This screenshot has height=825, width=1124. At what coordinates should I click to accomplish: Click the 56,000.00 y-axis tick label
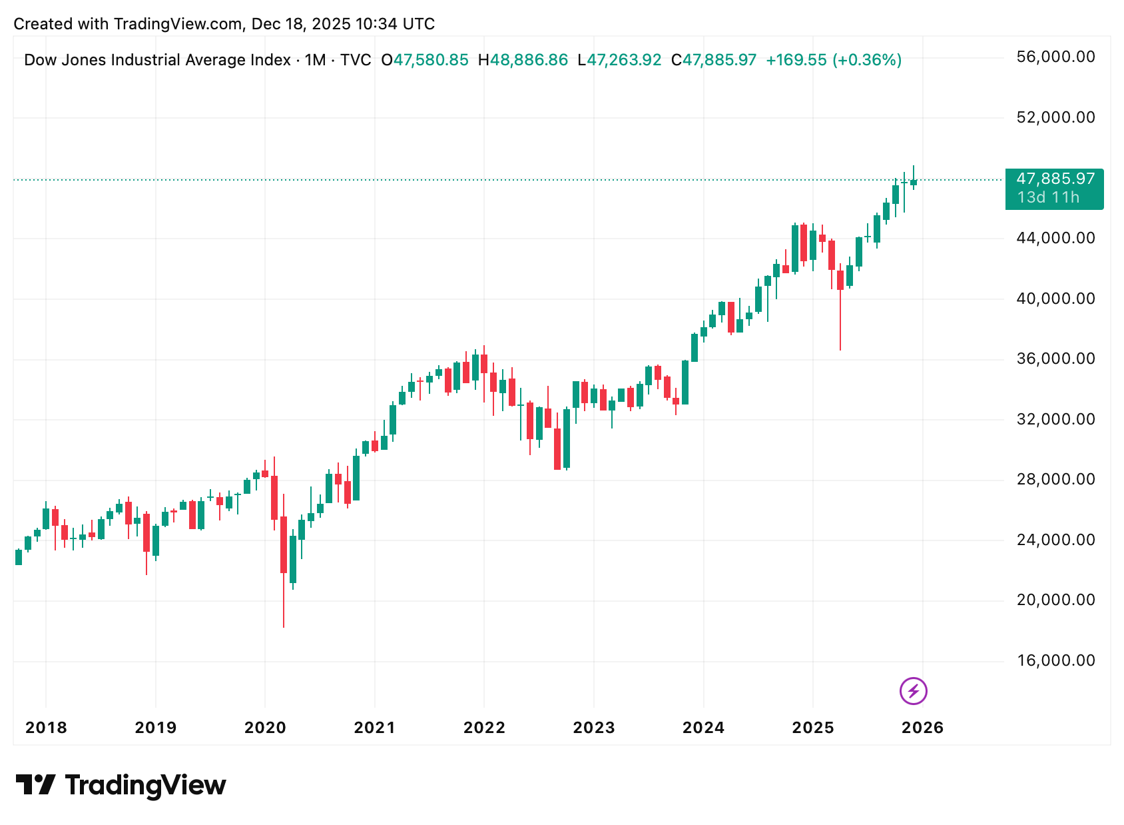(1055, 57)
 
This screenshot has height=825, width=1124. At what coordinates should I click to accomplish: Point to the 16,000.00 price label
(1055, 660)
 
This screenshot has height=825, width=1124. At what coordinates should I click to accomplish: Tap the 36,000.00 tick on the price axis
(1055, 359)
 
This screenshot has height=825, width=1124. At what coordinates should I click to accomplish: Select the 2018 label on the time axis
(46, 728)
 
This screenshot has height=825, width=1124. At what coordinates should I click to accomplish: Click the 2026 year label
(922, 728)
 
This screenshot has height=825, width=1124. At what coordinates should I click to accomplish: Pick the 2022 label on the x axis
(484, 728)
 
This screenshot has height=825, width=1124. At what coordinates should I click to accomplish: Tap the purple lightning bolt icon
(913, 691)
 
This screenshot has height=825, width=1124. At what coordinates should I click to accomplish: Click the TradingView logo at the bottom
(121, 785)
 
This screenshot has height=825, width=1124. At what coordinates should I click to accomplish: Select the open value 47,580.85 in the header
(431, 60)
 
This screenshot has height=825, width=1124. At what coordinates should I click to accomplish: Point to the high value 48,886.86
(529, 60)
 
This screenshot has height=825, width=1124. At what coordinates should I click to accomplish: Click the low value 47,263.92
(624, 60)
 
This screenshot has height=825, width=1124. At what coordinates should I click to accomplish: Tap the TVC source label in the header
(356, 60)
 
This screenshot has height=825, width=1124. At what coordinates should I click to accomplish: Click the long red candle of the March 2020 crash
(284, 544)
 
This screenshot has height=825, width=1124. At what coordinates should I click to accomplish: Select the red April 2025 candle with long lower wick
(840, 280)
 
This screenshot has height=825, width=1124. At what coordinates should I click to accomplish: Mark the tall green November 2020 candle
(356, 478)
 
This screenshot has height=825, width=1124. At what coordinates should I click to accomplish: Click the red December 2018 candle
(146, 532)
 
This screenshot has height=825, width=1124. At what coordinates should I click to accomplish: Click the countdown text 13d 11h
(1048, 198)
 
